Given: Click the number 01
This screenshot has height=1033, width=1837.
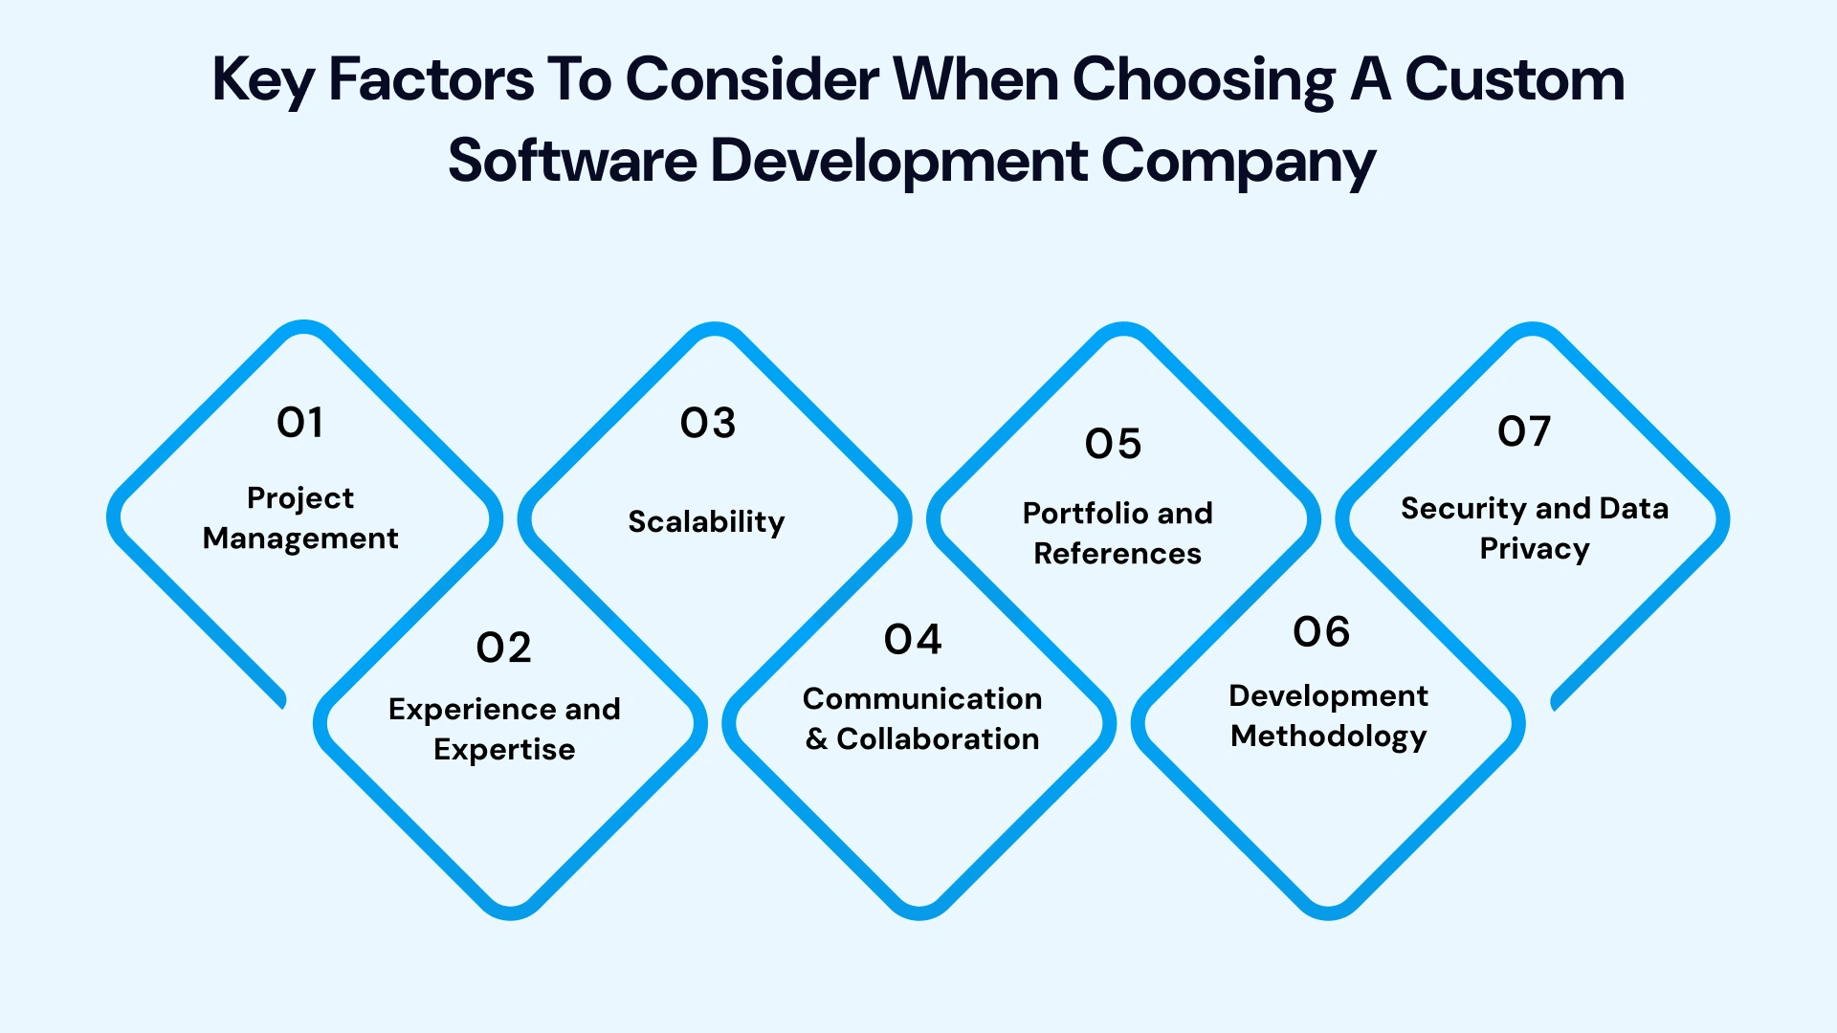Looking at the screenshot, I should pos(299,423).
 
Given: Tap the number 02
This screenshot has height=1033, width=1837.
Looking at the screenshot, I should pos(503,648).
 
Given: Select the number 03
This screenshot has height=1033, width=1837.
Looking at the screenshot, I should pos(708,424).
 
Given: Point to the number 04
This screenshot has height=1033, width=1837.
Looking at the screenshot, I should pos(913,640).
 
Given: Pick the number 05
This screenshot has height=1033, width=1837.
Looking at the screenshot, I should pos(1114,444).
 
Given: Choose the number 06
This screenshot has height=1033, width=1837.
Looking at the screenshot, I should pos(1321,632).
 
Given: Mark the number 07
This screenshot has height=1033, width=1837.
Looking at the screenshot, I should pos(1524,432).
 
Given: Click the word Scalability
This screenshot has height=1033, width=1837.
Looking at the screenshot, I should pos(706,522).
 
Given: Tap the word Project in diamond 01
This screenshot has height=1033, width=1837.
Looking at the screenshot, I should pos(300,499).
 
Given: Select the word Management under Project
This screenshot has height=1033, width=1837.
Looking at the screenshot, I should pos(300,539).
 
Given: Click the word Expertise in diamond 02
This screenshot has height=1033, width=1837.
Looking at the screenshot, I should pos(504,750).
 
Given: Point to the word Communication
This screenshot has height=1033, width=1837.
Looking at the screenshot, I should pos(922,699).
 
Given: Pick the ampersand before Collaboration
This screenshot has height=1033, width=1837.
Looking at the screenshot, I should pos(816,739).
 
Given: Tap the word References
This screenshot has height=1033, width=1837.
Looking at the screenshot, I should pos(1118,554).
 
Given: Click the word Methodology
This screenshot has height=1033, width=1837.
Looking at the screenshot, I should pos(1328,736).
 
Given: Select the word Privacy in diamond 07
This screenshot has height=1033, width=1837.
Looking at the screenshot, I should pos(1535,550).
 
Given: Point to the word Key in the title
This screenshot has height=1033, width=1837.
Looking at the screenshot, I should pos(263,80).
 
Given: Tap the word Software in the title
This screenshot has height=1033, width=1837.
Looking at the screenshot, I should pos(572,161).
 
